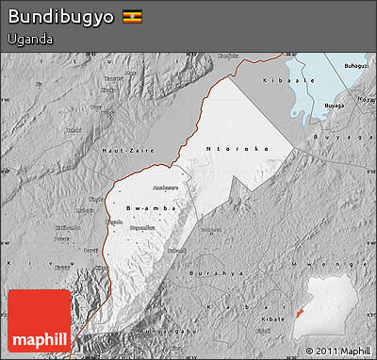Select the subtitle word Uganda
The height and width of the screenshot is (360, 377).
[28, 40]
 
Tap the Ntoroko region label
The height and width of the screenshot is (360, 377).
[238, 148]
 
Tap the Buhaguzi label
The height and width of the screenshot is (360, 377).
[356, 67]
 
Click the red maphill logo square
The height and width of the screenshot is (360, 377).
[39, 320]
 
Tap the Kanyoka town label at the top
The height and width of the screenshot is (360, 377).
[227, 56]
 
